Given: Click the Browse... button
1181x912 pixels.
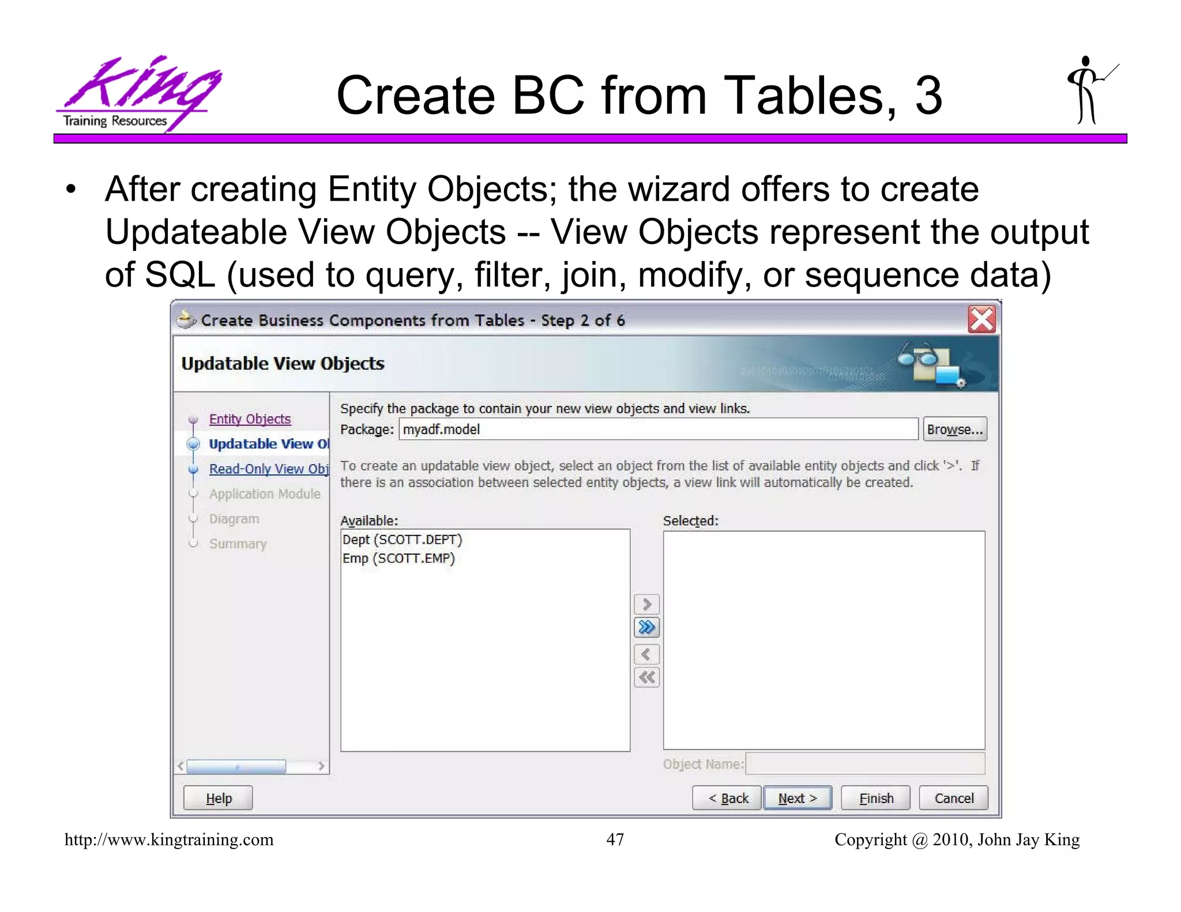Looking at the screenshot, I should point(954,429).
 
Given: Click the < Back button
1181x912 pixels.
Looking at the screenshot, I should point(727,798).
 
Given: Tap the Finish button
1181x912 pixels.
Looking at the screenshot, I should point(875,798).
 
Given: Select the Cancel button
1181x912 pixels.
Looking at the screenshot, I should point(954,798).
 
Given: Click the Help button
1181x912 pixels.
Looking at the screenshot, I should point(218,798).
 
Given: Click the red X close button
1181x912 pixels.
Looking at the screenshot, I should point(981,320).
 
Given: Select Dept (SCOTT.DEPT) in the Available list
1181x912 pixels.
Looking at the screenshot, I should point(403,540).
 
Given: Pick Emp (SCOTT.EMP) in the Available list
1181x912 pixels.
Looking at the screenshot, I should point(398,558).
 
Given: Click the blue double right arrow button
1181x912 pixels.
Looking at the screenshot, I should point(646,627).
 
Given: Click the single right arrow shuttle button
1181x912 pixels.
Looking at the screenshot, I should point(646,604).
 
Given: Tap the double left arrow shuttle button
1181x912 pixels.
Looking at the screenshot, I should point(646,677).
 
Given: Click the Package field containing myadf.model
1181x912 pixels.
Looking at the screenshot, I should point(657,429).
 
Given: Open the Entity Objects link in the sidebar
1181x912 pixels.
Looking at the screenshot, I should point(250,419).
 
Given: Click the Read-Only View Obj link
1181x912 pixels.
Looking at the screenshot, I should point(268,469).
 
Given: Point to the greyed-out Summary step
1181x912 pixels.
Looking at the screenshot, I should point(238,544).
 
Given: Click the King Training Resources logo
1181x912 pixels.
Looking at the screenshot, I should point(138,92).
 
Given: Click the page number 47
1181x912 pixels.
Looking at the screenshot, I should point(615,839).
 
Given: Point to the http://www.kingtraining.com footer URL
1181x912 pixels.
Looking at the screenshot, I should point(169,840).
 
